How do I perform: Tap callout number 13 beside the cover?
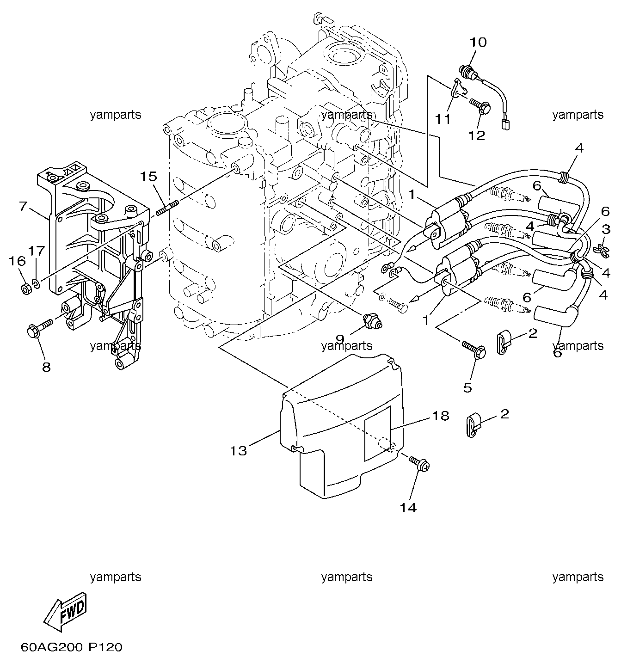click(239, 451)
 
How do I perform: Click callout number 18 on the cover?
click(441, 416)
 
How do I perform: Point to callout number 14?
click(408, 508)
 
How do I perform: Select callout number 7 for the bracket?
click(23, 206)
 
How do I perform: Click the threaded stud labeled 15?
click(167, 207)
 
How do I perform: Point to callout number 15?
click(148, 176)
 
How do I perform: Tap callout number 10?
click(479, 42)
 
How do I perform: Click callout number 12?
click(476, 135)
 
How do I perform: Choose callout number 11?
click(443, 119)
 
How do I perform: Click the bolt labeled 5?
click(474, 350)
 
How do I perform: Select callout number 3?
click(606, 229)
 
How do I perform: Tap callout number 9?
click(339, 340)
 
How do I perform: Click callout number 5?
click(467, 388)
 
